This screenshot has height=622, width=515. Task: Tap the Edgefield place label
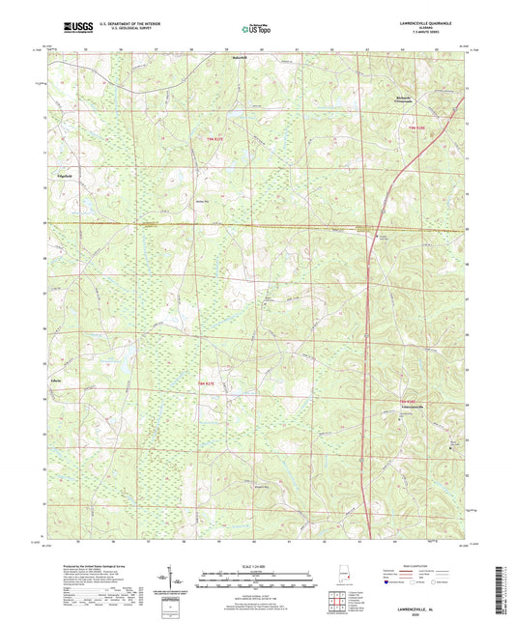tap(65, 178)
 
